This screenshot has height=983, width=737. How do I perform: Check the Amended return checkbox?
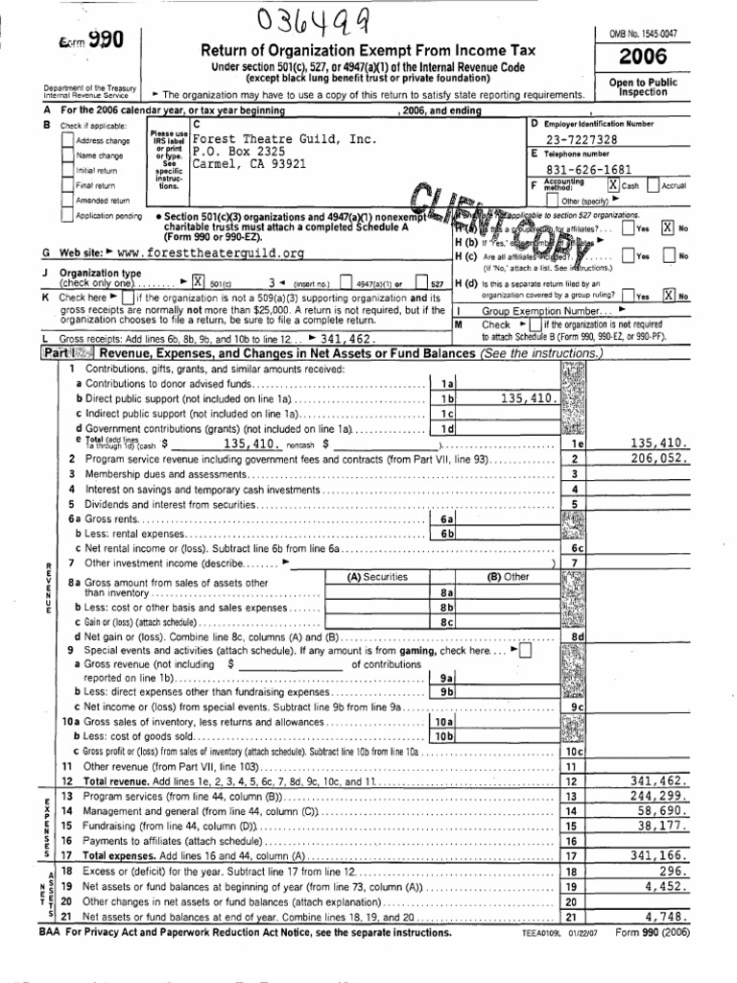(x=67, y=201)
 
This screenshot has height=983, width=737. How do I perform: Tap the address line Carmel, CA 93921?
(x=250, y=163)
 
